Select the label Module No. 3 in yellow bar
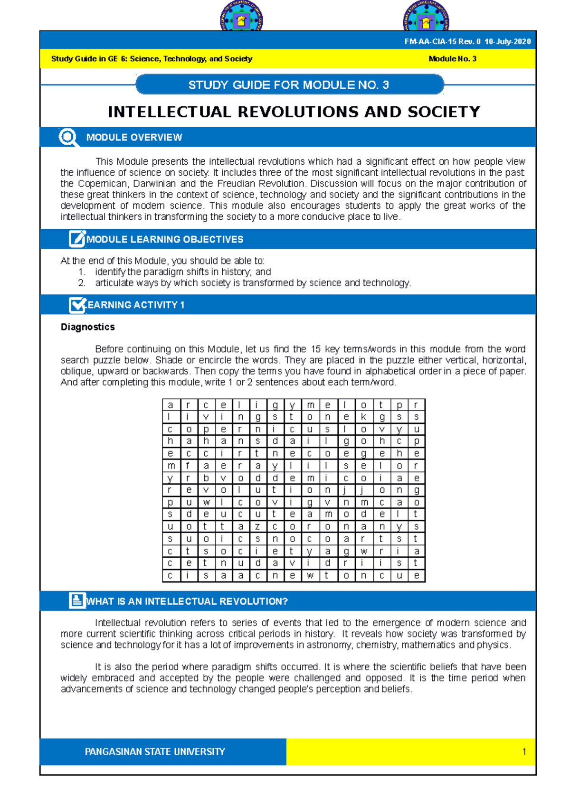tap(452, 59)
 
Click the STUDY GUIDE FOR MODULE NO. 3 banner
tap(289, 85)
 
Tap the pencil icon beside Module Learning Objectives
tap(77, 239)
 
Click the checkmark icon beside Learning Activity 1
tap(77, 305)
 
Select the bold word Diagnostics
tap(88, 327)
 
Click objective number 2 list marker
tap(82, 283)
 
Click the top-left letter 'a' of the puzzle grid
tap(171, 405)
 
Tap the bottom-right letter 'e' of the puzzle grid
tap(416, 576)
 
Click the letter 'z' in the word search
tap(257, 526)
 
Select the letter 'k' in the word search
tap(363, 417)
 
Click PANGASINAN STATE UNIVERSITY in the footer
tap(155, 751)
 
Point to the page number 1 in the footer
tap(524, 751)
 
